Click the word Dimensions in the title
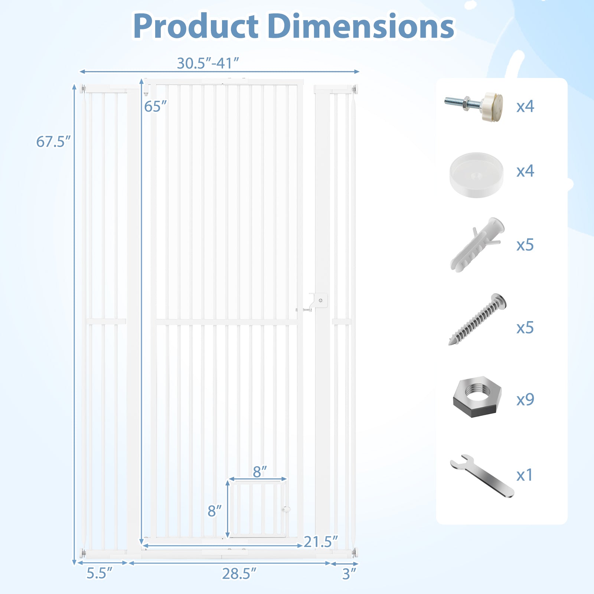pyautogui.click(x=361, y=26)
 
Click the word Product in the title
pyautogui.click(x=196, y=26)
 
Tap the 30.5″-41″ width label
pyautogui.click(x=208, y=63)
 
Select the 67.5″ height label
pyautogui.click(x=53, y=142)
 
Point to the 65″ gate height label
pyautogui.click(x=155, y=107)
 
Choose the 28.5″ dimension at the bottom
pyautogui.click(x=239, y=574)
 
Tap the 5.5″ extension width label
pyautogui.click(x=99, y=573)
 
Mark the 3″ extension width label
pyautogui.click(x=349, y=574)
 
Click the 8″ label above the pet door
pyautogui.click(x=260, y=472)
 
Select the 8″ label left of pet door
pyautogui.click(x=214, y=511)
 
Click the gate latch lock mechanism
pyautogui.click(x=318, y=301)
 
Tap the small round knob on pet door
pyautogui.click(x=285, y=509)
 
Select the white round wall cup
pyautogui.click(x=476, y=174)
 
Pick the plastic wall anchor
pyautogui.click(x=476, y=245)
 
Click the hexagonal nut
pyautogui.click(x=477, y=397)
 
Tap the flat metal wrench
pyautogui.click(x=482, y=476)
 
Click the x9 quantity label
pyautogui.click(x=525, y=399)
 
